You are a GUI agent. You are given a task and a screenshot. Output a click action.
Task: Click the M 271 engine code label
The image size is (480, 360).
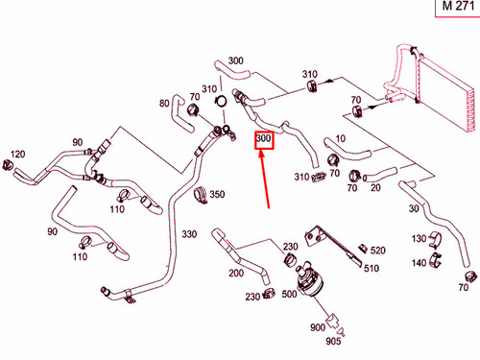458,6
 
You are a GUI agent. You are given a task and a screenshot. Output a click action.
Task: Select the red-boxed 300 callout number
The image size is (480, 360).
264,138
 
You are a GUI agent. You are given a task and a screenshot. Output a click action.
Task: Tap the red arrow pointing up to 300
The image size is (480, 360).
265,180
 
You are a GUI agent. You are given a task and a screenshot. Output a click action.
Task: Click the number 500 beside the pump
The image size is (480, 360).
289,294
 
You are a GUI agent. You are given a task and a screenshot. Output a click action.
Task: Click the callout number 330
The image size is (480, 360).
189,234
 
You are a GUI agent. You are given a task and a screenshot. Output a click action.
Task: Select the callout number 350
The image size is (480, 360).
217,194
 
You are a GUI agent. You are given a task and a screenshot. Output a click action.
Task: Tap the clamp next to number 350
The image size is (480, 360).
201,195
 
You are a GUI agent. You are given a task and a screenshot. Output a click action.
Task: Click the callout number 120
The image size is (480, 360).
17,154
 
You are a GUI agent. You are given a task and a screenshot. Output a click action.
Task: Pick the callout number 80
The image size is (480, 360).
164,103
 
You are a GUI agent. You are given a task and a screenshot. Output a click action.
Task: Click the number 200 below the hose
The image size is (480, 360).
236,273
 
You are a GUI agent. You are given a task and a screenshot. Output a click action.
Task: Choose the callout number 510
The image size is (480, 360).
372,268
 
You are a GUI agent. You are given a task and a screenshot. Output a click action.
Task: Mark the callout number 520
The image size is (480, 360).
378,251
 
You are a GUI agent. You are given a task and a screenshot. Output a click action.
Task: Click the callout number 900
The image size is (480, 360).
318,327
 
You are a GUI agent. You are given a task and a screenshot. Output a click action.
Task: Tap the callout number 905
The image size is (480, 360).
333,341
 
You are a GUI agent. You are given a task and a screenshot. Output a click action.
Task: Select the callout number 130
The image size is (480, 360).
419,238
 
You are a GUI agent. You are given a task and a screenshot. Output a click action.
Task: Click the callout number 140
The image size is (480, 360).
419,263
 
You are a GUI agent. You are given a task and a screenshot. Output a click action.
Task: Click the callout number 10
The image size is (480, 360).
341,138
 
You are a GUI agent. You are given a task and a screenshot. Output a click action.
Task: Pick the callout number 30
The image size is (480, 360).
414,208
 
